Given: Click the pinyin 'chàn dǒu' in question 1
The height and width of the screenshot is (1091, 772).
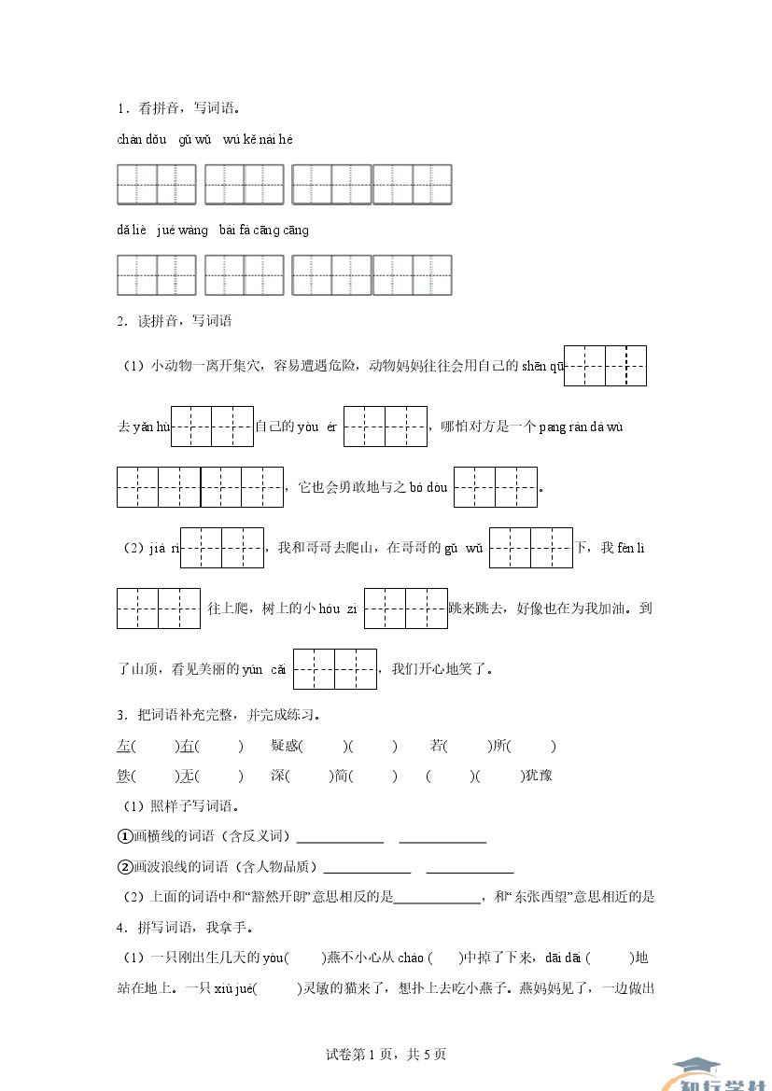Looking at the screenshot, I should (142, 140).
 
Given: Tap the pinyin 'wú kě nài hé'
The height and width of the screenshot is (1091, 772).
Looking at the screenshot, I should (258, 140).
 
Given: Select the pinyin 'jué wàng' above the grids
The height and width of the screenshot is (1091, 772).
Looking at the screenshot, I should (183, 231).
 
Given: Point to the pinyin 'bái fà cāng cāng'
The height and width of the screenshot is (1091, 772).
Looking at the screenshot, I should (264, 231).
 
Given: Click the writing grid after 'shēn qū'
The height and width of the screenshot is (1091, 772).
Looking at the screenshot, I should (606, 366).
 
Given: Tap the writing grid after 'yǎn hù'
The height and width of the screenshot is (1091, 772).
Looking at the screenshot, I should (213, 427).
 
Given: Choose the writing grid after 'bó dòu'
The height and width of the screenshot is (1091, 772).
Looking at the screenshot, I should (496, 487).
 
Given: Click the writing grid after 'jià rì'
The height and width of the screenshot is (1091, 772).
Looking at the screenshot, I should (222, 548).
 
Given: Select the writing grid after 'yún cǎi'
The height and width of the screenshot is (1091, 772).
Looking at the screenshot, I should (335, 669).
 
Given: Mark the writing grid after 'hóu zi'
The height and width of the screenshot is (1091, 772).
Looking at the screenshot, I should (406, 608).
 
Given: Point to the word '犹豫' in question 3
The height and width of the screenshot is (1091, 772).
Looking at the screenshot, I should (540, 776).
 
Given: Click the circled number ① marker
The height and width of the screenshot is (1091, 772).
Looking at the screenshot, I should (125, 836).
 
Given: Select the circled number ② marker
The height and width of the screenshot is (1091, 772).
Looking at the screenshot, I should (125, 867).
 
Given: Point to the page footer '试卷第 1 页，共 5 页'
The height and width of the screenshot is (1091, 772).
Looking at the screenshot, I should (386, 1055).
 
